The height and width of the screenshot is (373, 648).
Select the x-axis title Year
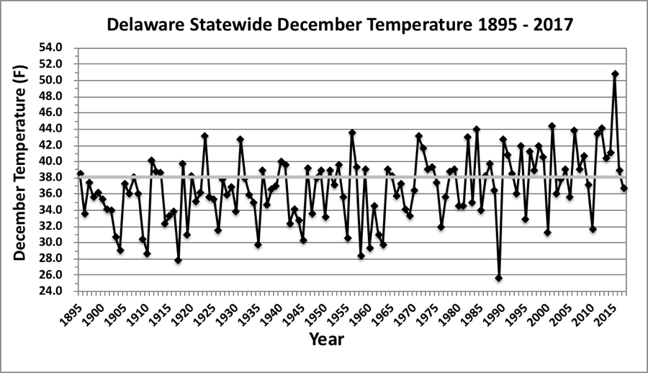tap(326, 339)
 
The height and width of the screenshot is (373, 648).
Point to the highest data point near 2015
tap(615, 73)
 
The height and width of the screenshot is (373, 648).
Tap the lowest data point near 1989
tap(498, 278)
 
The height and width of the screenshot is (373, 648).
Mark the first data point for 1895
tap(80, 174)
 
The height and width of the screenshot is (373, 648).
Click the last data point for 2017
tap(624, 188)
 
